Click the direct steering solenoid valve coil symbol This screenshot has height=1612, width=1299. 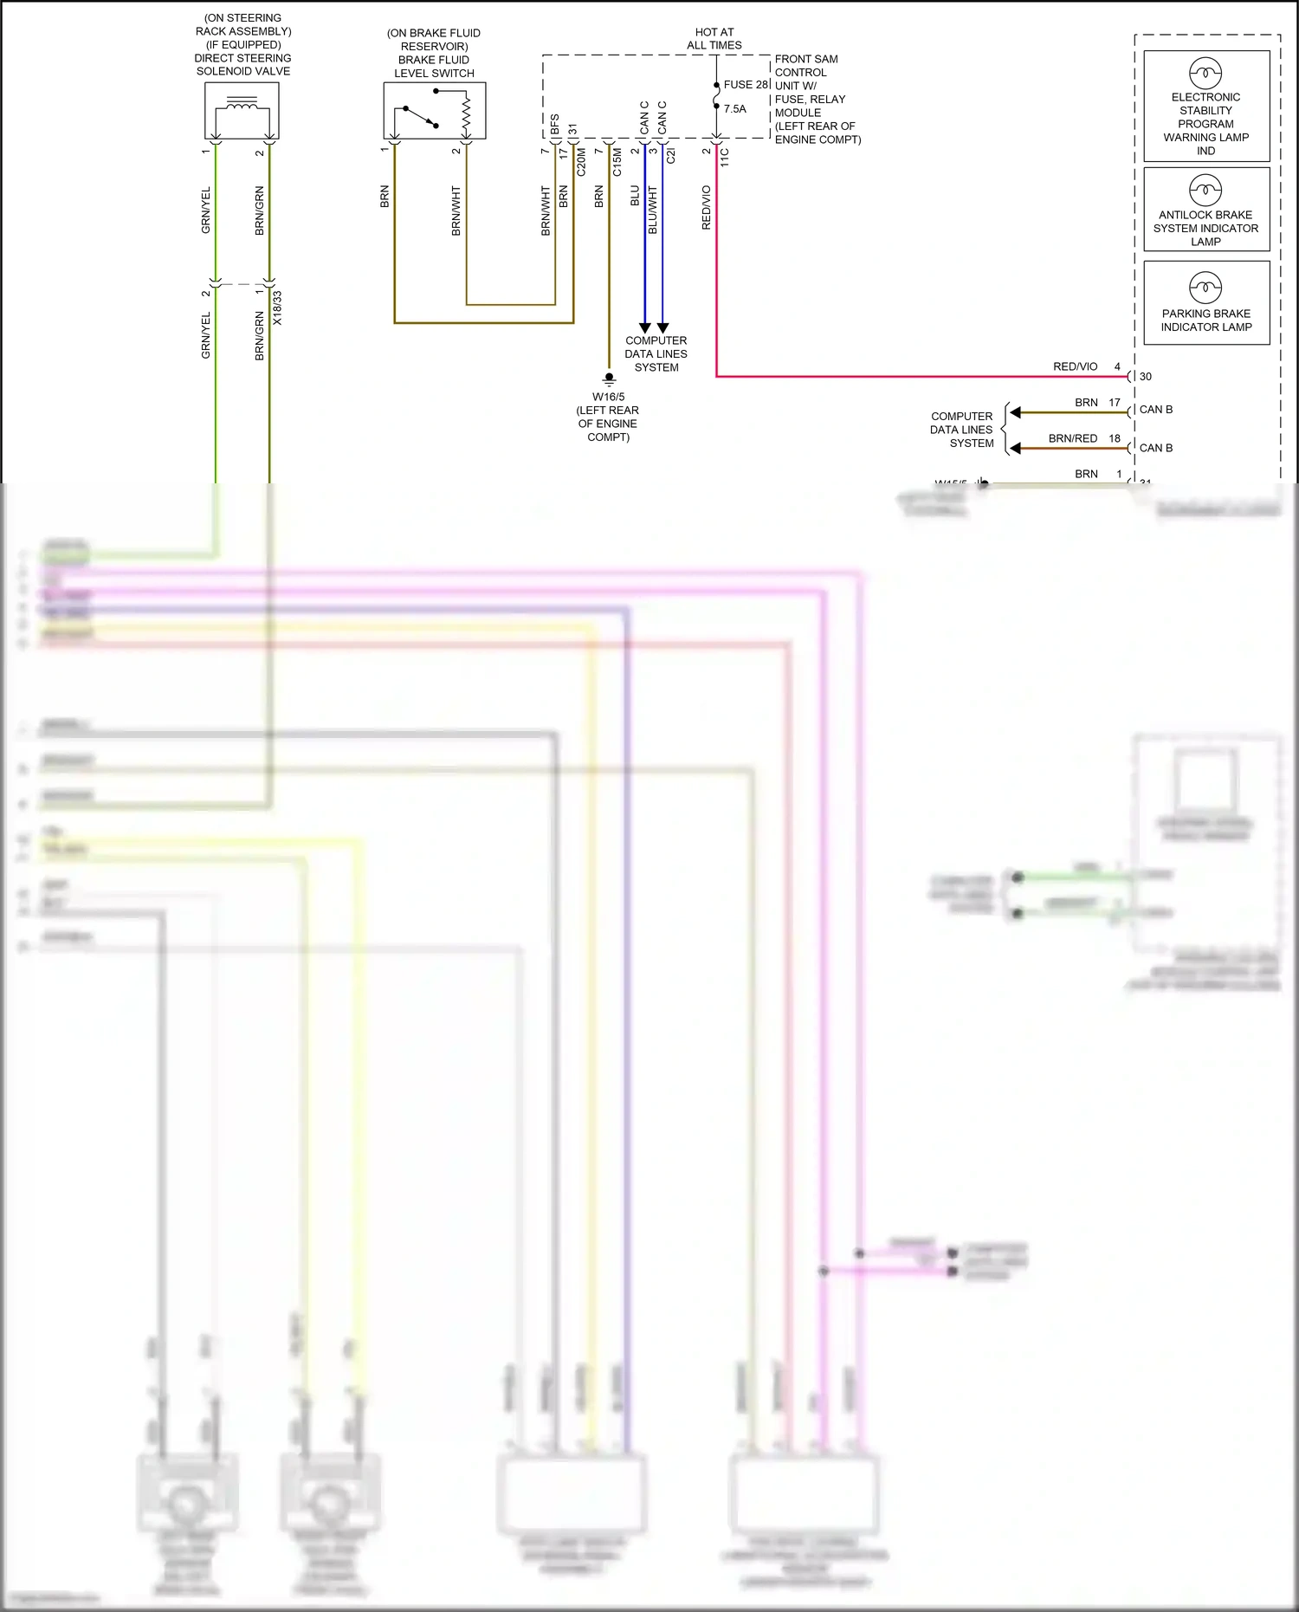242,106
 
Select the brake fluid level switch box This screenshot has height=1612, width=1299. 435,111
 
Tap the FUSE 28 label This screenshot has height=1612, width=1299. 745,85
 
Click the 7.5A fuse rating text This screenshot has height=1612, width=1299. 734,109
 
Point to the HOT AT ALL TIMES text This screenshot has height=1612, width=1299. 714,39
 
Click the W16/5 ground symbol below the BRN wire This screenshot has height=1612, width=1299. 609,379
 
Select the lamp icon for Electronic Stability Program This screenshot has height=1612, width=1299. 1205,73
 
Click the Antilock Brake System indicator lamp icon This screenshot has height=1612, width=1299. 1205,190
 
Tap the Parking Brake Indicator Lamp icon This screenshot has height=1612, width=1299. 1205,287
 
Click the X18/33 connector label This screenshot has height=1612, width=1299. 277,308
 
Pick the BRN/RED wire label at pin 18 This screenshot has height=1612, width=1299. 1072,438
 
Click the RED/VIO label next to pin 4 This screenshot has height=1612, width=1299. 1075,366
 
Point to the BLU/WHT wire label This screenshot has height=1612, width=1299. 653,210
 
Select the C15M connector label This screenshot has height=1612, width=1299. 617,162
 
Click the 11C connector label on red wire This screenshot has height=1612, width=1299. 725,158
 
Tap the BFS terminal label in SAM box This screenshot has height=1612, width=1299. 554,125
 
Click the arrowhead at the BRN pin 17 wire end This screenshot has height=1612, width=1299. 1016,412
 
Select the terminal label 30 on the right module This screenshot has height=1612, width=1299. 1146,377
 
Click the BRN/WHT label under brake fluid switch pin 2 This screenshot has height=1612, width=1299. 456,210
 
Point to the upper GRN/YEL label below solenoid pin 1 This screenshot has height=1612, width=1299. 206,210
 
